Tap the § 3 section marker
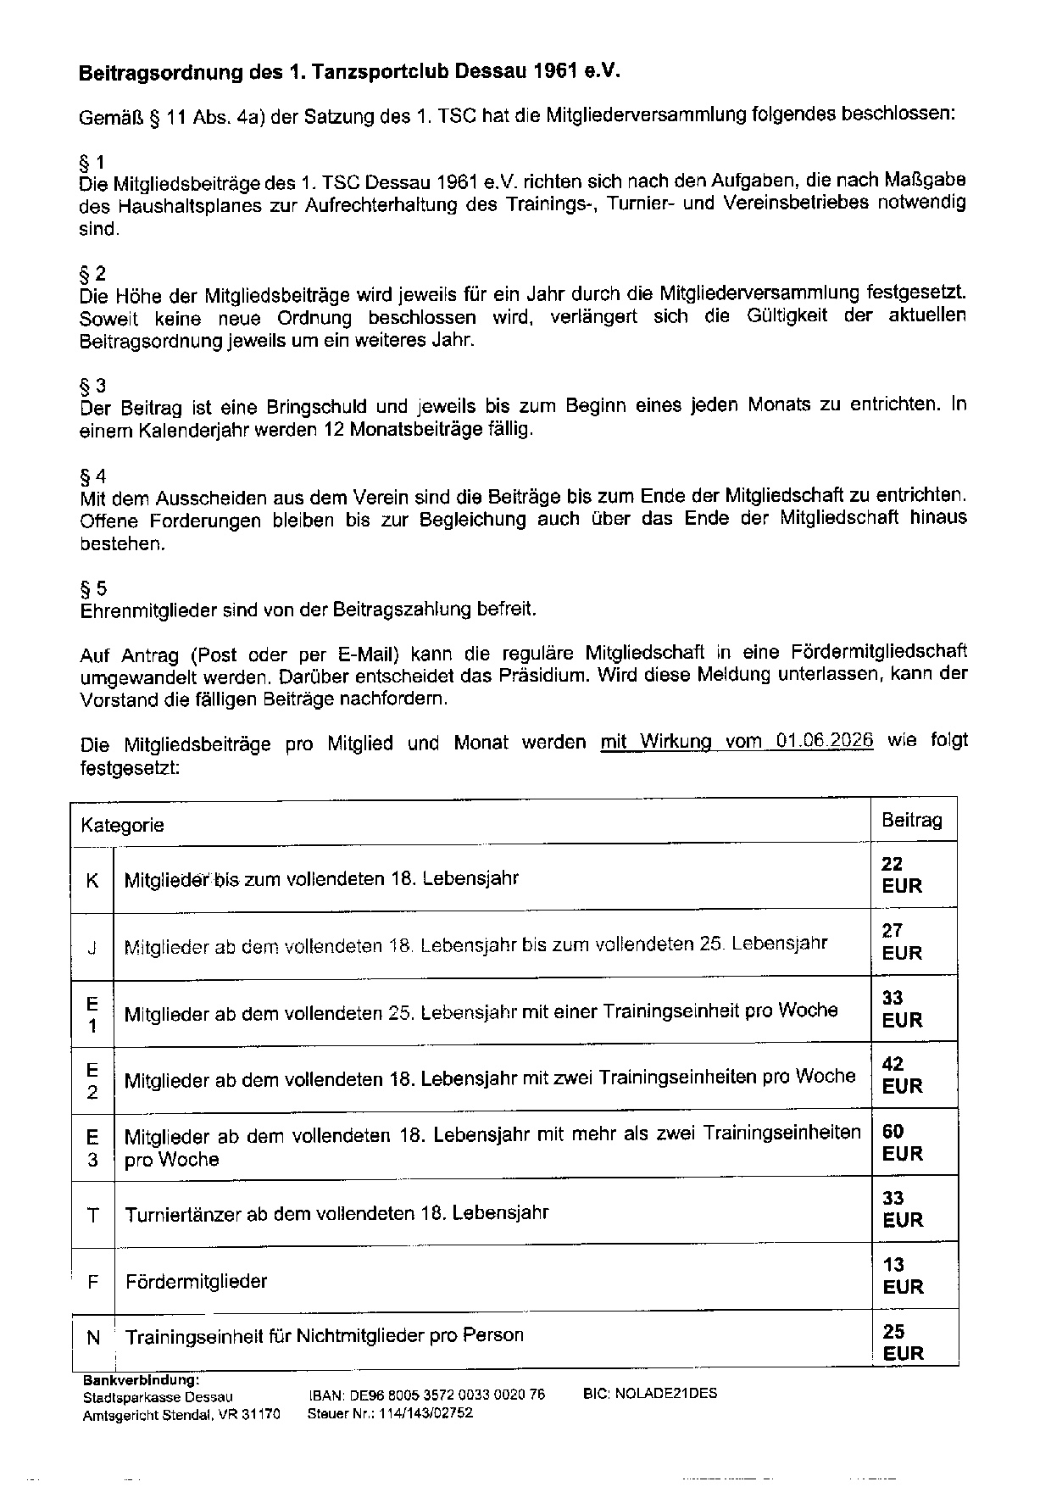92,387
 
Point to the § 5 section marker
92,588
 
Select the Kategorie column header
122,825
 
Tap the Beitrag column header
912,820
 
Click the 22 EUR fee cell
901,875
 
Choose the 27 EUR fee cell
901,942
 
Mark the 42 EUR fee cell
901,1075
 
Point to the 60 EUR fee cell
901,1142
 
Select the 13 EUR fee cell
901,1276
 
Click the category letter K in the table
92,880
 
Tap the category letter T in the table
92,1215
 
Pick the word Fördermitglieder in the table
196,1281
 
